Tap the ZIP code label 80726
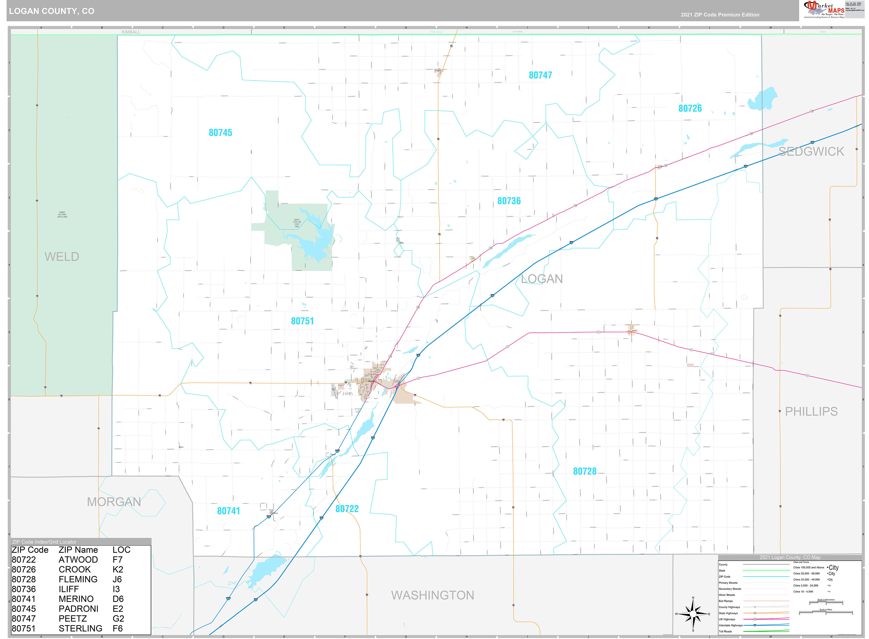[690, 109]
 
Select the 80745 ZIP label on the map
[220, 133]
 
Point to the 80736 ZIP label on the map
[509, 201]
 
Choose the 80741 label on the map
[228, 511]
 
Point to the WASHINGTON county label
[432, 595]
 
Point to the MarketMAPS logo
[824, 10]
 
